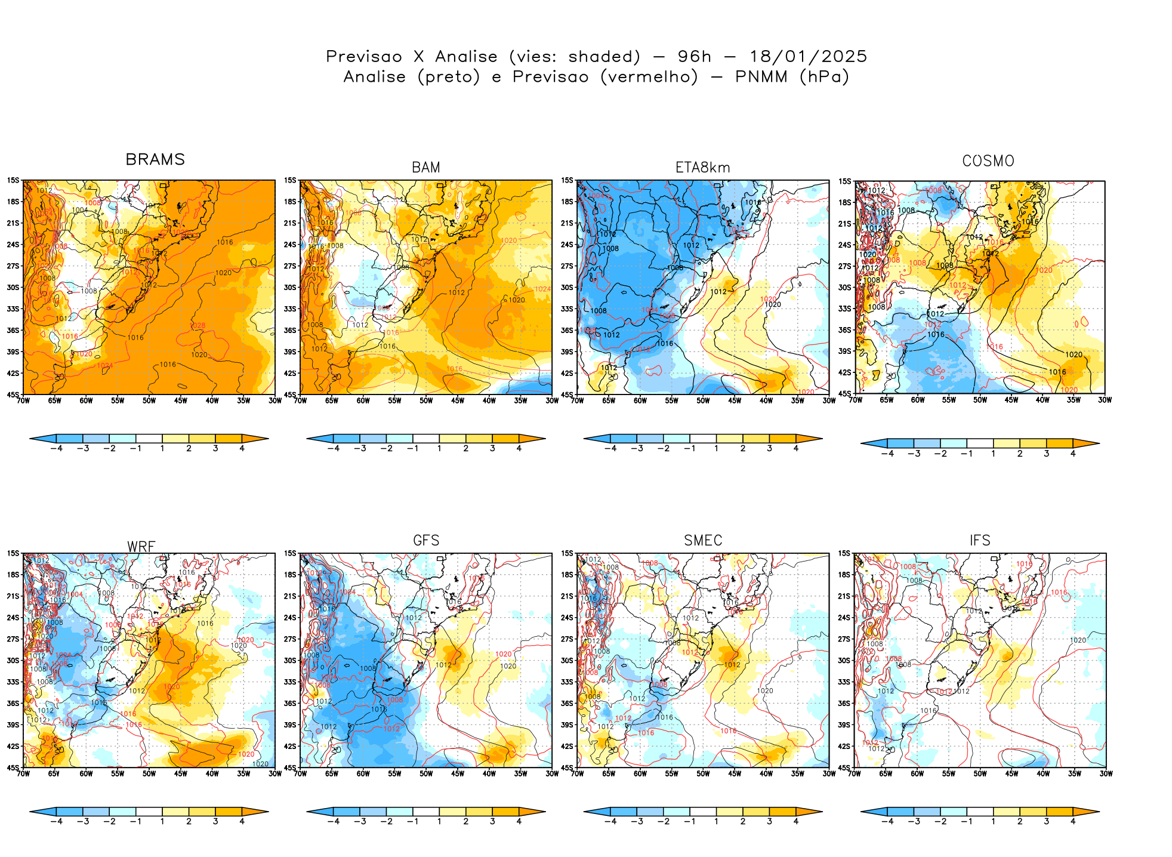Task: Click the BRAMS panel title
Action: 155,160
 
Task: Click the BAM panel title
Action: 426,168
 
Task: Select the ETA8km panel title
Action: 702,168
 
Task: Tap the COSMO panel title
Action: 988,161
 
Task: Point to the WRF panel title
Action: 141,547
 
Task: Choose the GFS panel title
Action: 426,541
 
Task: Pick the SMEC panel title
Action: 703,541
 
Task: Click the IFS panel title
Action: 980,541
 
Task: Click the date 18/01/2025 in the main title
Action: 808,57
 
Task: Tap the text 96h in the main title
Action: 694,57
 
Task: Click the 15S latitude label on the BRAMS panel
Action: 13,180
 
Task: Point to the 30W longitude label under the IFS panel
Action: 1106,773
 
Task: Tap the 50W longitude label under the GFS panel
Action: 426,773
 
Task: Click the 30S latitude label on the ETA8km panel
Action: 567,288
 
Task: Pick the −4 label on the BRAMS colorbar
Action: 56,449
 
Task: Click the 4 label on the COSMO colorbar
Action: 1073,454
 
